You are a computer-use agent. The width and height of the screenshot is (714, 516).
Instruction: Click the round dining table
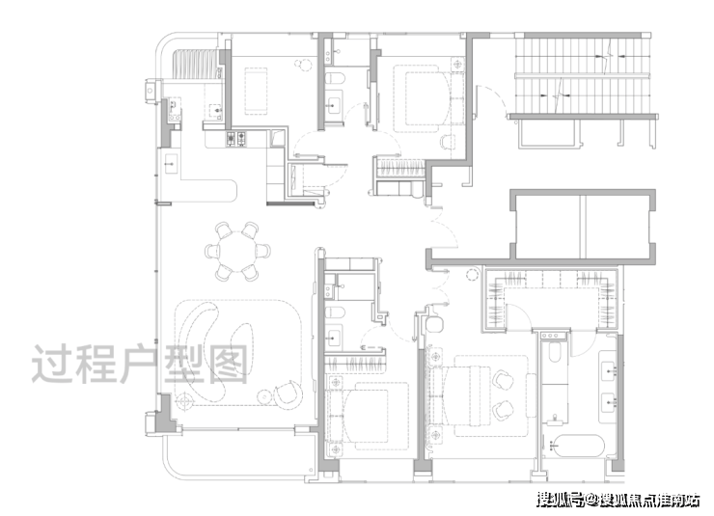pyautogui.click(x=236, y=251)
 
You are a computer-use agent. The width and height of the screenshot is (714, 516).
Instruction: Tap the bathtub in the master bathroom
pyautogui.click(x=577, y=446)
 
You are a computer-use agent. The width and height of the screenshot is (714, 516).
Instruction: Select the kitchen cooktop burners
pyautogui.click(x=236, y=139)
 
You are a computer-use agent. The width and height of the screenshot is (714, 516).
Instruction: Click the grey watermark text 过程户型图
pyautogui.click(x=140, y=364)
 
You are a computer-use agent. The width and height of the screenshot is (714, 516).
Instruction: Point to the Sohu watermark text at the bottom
pyautogui.click(x=618, y=500)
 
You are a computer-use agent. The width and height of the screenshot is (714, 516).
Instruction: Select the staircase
pyautogui.click(x=583, y=75)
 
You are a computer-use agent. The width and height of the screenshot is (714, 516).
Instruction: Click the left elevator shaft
pyautogui.click(x=548, y=227)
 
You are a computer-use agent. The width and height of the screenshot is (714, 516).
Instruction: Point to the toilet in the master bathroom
pyautogui.click(x=554, y=352)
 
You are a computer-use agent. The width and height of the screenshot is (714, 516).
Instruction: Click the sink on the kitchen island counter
pyautogui.click(x=171, y=163)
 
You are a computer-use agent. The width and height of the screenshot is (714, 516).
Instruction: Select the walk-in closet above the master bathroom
pyautogui.click(x=552, y=299)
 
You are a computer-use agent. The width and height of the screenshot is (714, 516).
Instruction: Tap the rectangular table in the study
pyautogui.click(x=256, y=91)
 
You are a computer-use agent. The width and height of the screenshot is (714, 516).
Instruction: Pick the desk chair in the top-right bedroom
pyautogui.click(x=447, y=142)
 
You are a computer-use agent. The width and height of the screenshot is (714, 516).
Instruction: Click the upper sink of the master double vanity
pyautogui.click(x=609, y=370)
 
